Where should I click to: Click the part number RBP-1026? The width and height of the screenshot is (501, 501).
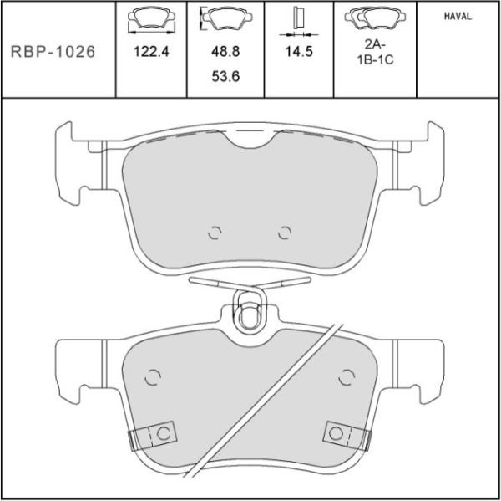[53, 52]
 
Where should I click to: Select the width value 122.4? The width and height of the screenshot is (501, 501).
[151, 52]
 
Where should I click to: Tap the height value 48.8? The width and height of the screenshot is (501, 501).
[225, 51]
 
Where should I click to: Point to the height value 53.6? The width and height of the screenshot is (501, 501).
[225, 76]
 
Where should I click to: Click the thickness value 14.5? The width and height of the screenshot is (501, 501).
[299, 51]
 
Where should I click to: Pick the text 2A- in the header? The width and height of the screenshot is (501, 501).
[375, 44]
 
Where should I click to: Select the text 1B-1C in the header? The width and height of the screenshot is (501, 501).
[375, 60]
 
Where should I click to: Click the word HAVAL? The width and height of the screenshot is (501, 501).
[458, 17]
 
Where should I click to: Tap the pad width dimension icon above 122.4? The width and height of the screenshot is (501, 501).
[151, 21]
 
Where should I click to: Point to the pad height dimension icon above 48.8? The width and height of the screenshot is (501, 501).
[226, 18]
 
